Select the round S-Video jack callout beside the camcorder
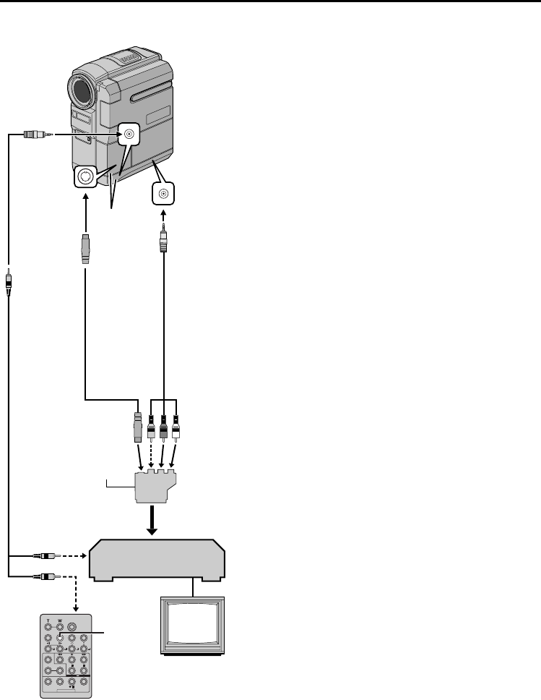86,176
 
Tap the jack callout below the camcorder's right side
165,193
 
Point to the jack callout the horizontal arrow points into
129,134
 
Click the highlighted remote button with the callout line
60,638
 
